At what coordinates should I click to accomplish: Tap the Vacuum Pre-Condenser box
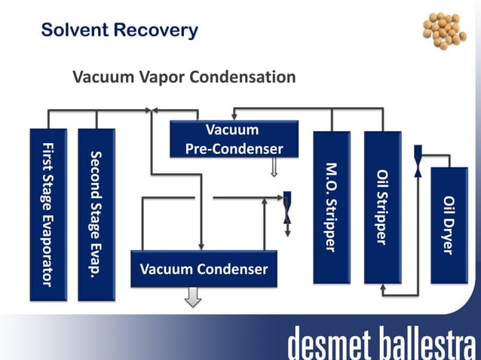click(234, 139)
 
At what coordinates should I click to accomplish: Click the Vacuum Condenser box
click(204, 269)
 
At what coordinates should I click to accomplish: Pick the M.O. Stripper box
click(331, 207)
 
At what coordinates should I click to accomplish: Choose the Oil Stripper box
click(382, 207)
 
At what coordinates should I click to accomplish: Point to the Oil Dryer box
click(449, 224)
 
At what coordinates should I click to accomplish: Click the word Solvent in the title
click(74, 31)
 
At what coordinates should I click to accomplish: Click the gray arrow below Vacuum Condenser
click(194, 299)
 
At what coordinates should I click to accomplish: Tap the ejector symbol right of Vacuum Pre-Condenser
click(287, 208)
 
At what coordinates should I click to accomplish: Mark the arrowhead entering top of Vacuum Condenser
click(201, 246)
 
